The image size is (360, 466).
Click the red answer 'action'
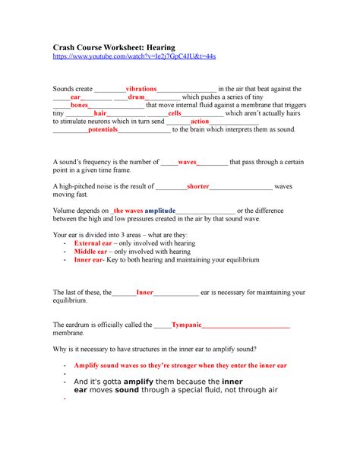[x=200, y=122]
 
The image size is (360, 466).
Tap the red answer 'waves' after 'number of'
[x=187, y=162]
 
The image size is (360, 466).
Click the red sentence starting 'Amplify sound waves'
[x=180, y=366]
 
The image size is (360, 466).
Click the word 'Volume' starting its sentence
[x=65, y=209]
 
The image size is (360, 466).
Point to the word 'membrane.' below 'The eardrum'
[x=69, y=333]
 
